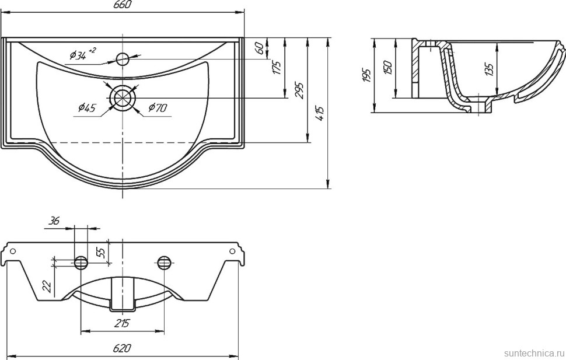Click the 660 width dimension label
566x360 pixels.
pyautogui.click(x=123, y=5)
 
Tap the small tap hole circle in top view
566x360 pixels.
pyautogui.click(x=123, y=58)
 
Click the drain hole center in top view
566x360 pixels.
pyautogui.click(x=123, y=97)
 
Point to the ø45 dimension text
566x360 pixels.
pyautogui.click(x=86, y=107)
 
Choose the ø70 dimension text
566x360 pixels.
pyautogui.click(x=158, y=107)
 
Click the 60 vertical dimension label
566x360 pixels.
pyautogui.click(x=260, y=48)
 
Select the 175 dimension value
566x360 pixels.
pyautogui.click(x=278, y=67)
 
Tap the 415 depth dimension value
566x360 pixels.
pyautogui.click(x=320, y=114)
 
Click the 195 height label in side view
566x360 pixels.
pyautogui.click(x=366, y=75)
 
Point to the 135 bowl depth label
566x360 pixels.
pyautogui.click(x=489, y=69)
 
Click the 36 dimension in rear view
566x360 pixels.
pyautogui.click(x=54, y=221)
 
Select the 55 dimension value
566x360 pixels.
pyautogui.click(x=100, y=253)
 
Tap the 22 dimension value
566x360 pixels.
pyautogui.click(x=47, y=286)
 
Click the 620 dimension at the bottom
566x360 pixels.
pyautogui.click(x=122, y=348)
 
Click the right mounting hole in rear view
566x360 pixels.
pyautogui.click(x=164, y=262)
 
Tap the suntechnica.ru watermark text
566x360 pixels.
pyautogui.click(x=532, y=353)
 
